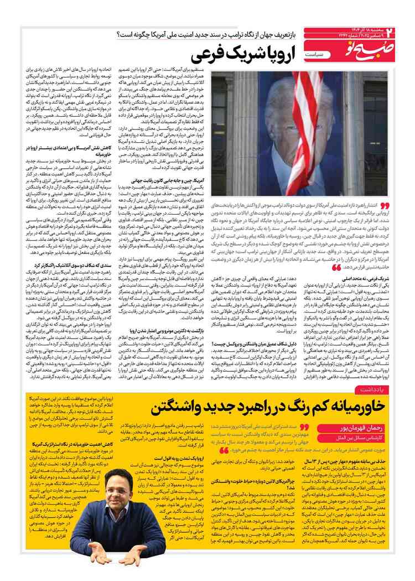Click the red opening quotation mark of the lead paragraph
coord(385,205)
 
